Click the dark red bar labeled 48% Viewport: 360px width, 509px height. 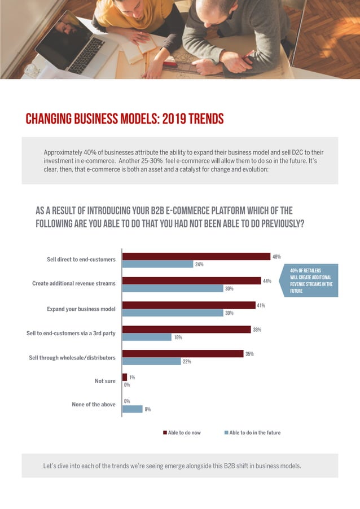196,256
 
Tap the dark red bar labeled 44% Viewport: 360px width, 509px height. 191,280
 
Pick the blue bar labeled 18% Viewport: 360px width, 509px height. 147,337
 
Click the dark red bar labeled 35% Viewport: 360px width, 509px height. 183,354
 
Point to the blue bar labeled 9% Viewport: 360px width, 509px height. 133,409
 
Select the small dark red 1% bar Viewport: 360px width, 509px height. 125,377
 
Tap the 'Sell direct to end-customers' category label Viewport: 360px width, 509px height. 81,260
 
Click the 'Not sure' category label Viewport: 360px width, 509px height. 105,381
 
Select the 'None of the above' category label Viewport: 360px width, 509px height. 94,405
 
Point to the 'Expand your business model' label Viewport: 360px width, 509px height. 81,309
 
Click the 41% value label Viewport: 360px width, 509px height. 261,305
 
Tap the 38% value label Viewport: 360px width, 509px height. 256,330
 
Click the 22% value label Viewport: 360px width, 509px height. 187,362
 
